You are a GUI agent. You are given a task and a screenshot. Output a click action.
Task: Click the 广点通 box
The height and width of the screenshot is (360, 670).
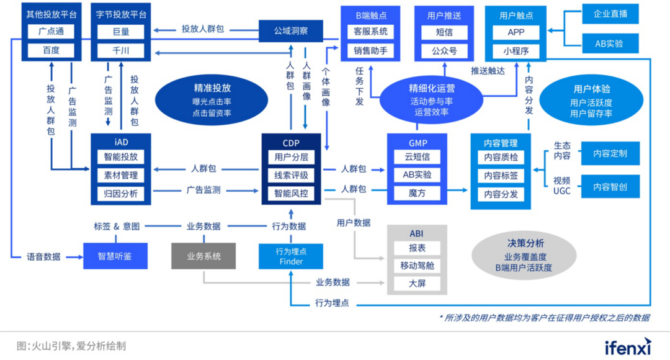[51, 32]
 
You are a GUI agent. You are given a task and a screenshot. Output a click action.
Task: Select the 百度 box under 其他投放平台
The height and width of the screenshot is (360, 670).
[51, 50]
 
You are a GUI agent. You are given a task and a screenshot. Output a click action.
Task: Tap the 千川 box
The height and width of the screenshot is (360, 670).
[120, 50]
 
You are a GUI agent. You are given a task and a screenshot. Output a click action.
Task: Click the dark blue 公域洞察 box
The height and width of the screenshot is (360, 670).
[291, 30]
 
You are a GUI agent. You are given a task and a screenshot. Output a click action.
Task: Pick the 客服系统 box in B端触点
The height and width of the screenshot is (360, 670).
[370, 32]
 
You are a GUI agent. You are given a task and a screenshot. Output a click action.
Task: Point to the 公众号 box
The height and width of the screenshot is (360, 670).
[444, 51]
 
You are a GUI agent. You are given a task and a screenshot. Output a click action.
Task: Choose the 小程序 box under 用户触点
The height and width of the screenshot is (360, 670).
[516, 51]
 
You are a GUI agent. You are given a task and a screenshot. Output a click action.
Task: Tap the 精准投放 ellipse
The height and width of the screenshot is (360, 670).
[212, 101]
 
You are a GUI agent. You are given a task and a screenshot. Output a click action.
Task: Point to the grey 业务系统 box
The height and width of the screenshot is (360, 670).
[204, 256]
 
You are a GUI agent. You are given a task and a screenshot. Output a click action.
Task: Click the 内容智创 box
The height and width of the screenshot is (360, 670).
[610, 186]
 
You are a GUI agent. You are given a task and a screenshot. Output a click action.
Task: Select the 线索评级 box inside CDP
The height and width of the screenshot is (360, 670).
[291, 175]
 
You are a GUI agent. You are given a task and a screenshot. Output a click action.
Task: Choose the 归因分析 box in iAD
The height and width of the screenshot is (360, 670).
[120, 194]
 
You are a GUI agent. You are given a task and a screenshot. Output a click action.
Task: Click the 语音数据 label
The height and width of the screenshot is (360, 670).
[43, 256]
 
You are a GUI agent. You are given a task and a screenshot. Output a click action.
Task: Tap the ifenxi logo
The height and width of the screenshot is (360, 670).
[628, 346]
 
